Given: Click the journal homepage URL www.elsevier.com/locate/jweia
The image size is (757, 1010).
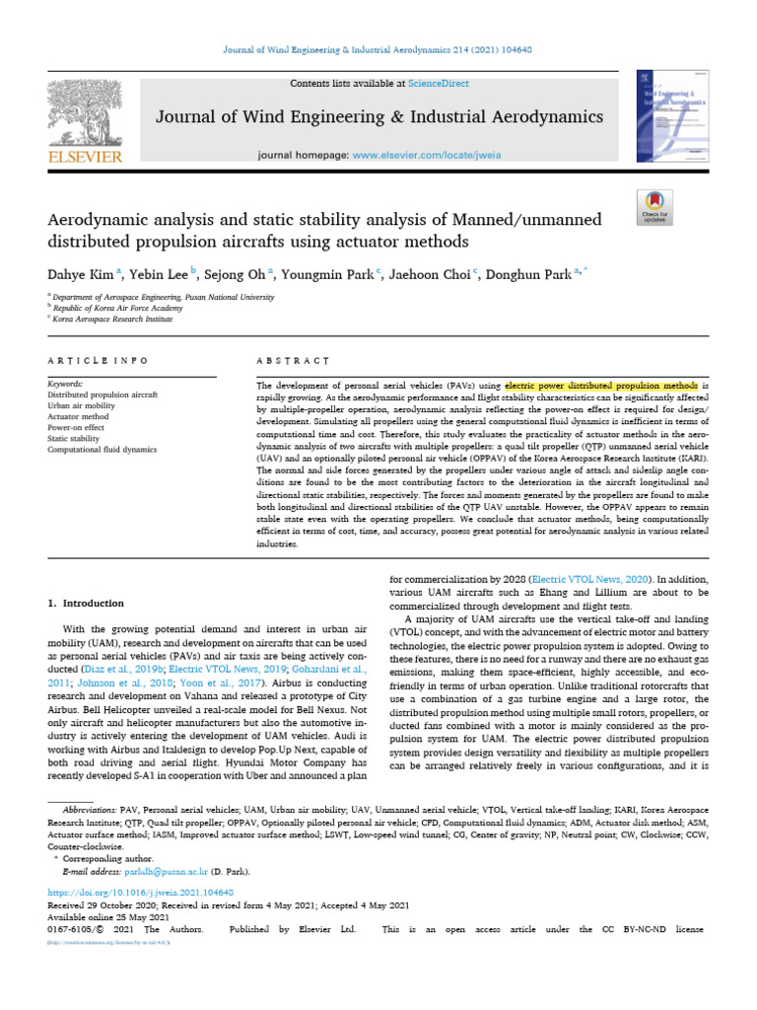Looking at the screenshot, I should [x=422, y=156].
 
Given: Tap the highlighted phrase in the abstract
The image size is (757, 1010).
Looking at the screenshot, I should [x=601, y=384].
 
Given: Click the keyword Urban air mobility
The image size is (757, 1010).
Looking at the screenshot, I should [x=83, y=405].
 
